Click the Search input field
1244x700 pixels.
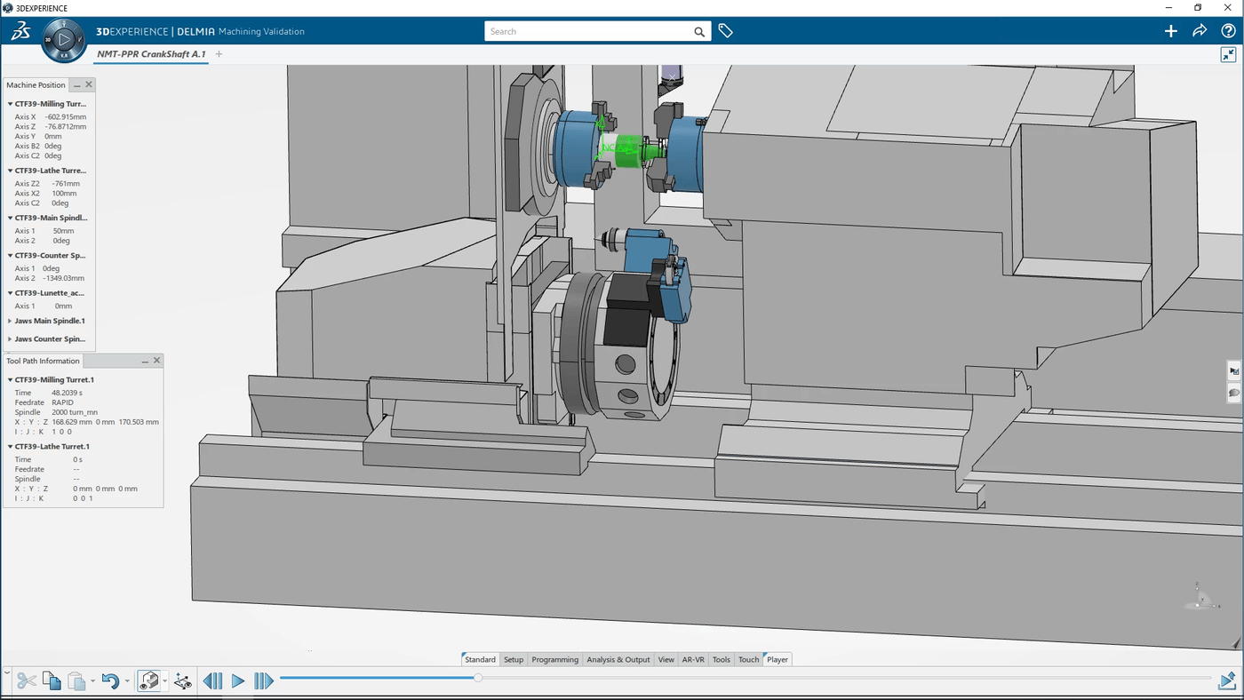pos(586,31)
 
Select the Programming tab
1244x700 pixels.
pos(555,659)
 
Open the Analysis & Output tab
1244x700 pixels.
pos(618,659)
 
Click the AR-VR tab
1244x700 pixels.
pos(693,659)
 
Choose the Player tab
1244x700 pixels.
pos(777,659)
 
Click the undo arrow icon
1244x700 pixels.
pos(110,681)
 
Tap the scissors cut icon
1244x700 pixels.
pos(27,681)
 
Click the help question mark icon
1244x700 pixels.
pos(1228,31)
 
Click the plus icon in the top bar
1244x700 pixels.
pos(1171,31)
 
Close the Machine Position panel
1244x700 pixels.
pos(89,84)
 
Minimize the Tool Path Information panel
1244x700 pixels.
pos(145,361)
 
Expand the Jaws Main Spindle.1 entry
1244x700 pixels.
pos(11,321)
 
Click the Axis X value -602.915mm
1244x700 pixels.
pos(66,116)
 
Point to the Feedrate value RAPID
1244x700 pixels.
pos(63,402)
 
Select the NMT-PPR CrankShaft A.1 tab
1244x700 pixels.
pos(151,54)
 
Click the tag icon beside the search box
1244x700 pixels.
pos(726,31)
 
